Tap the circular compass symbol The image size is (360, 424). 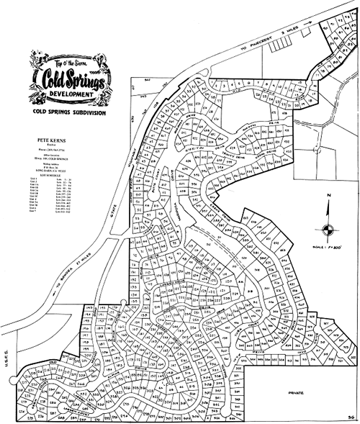[328, 230]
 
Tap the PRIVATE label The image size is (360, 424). [297, 392]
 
